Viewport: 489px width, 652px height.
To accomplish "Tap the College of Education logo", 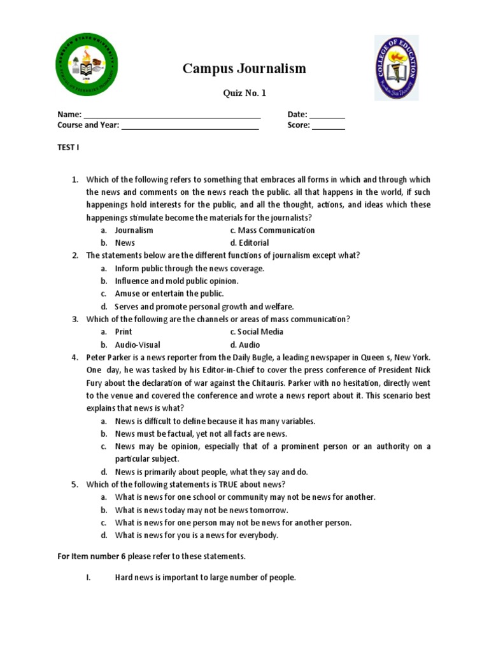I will coord(397,68).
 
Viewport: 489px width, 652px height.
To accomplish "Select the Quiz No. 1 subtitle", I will coord(244,94).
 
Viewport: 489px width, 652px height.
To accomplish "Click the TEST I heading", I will coord(68,148).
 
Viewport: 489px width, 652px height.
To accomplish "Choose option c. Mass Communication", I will coord(273,230).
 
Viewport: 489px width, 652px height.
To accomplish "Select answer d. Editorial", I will coord(250,243).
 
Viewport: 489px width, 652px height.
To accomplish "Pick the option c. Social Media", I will coord(257,332).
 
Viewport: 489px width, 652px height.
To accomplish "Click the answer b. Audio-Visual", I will coord(138,344).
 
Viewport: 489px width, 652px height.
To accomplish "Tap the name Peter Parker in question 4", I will coord(108,357).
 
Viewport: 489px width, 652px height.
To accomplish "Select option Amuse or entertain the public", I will coord(169,294).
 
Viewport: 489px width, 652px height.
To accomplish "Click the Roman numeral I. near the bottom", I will coord(89,578).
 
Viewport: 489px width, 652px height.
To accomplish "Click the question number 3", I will coord(74,319).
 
